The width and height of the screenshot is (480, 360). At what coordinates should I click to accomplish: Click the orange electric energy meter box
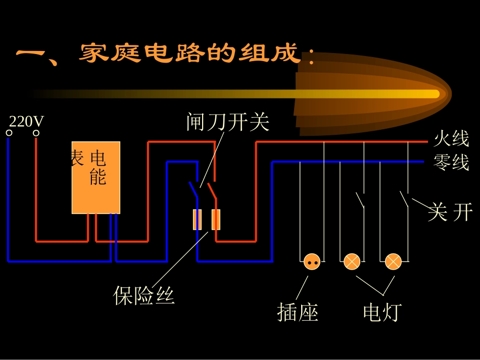(x=96, y=177)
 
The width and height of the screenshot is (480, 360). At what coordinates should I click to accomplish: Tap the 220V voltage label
(x=27, y=121)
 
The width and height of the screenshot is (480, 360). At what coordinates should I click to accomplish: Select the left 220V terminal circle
(x=9, y=133)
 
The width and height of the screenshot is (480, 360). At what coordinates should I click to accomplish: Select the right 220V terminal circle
(x=36, y=133)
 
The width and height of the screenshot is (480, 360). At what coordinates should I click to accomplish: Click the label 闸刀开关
(x=228, y=122)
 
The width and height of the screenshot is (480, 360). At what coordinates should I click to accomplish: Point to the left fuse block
(x=198, y=220)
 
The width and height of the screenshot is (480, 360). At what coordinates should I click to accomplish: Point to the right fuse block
(x=216, y=220)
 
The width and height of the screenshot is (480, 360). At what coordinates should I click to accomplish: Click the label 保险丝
(x=144, y=295)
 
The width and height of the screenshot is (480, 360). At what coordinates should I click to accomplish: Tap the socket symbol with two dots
(x=312, y=262)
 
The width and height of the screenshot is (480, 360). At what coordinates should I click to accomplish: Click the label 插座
(x=298, y=313)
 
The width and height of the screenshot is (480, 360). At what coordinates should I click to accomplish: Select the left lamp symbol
(x=352, y=262)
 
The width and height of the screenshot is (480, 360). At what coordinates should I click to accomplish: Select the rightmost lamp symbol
(x=393, y=262)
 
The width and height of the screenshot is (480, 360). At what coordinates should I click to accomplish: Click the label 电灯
(x=382, y=313)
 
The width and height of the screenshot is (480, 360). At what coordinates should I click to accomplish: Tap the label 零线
(x=451, y=163)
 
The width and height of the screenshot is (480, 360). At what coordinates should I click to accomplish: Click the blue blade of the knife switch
(x=193, y=189)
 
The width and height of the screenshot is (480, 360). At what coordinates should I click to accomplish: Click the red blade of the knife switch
(x=212, y=189)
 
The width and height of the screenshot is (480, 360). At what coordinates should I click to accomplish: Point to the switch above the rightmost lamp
(x=405, y=199)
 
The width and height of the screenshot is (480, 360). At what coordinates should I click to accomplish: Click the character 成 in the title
(x=289, y=53)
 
